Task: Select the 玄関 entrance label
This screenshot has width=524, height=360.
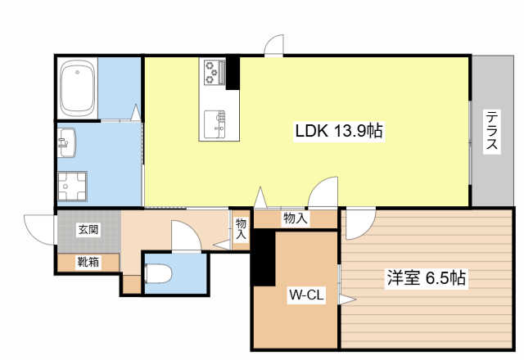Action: pos(88,230)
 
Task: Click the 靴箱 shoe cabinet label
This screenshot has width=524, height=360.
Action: pos(88,262)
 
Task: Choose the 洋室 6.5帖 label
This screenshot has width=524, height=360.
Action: pos(426,278)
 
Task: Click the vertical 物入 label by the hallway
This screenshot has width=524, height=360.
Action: pos(241,229)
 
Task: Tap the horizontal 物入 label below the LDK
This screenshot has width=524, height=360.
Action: pos(295,218)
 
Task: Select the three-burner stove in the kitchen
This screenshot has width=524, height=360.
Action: pos(214,72)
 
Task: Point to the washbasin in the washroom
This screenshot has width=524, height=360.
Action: pos(66,142)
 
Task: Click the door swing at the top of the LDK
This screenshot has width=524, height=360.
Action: pos(274,45)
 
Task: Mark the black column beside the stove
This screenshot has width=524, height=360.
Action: pos(233,73)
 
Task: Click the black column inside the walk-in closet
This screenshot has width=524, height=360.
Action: pos(263,258)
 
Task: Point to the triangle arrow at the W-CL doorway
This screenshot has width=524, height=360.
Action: pos(347,300)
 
